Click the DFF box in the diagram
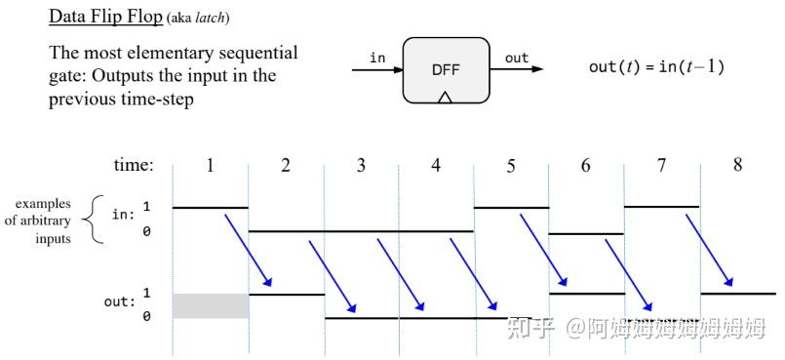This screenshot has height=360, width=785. click(446, 69)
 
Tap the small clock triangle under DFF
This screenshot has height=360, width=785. click(445, 98)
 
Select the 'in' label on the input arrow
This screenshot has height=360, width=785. click(377, 59)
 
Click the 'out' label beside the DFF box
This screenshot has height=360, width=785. click(517, 59)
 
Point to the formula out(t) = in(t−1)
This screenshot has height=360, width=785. click(656, 67)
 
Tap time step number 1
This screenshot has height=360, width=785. click(210, 165)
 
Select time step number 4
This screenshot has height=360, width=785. click(436, 165)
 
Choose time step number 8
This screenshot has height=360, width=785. click(737, 165)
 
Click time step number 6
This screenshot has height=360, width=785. click(585, 165)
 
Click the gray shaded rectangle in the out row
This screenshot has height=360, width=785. click(211, 305)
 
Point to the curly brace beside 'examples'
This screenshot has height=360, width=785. click(93, 220)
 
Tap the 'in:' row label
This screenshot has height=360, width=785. click(123, 215)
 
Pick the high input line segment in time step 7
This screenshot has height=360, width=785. click(661, 207)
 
